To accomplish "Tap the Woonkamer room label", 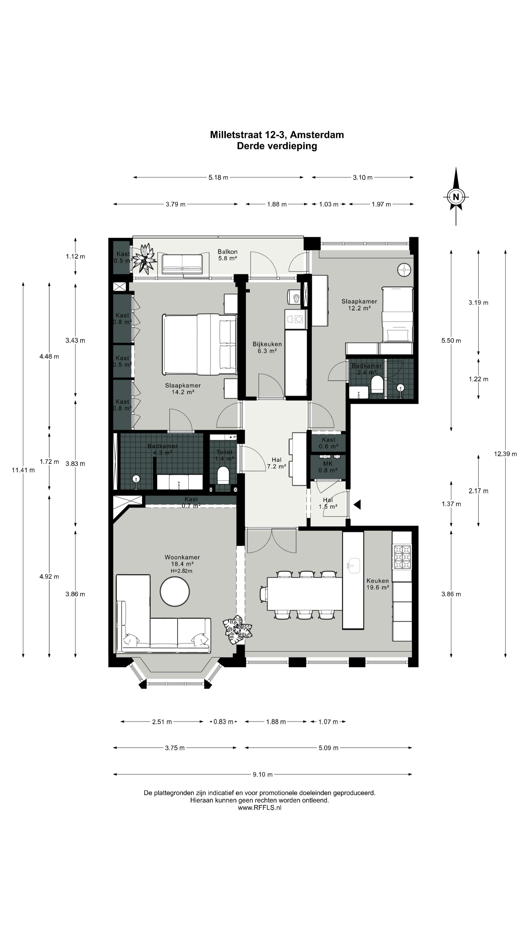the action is pos(182,557).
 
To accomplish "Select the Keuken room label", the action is pos(377,581).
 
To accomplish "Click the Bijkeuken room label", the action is pos(267,344).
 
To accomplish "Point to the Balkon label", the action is pos(228,252).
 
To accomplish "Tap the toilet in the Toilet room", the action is pos(223,475).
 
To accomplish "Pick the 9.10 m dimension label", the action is pos(263,774).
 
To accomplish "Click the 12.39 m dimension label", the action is pos(505,454).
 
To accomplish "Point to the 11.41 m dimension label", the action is pos(23,470).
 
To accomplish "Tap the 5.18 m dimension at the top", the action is pos(218,177).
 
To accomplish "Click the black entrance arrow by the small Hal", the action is pos(357,505).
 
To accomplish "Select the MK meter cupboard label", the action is pos(328,464).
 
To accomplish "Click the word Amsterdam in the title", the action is pos(317,135).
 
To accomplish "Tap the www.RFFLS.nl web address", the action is pos(260,808).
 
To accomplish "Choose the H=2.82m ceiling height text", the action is pos(181,570).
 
